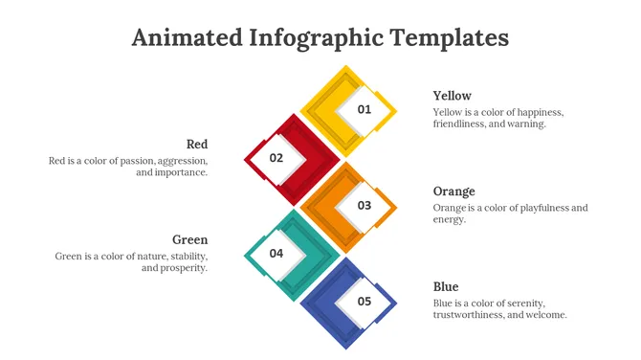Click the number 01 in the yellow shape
coord(364,109)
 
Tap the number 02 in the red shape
coord(276,157)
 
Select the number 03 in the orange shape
coord(364,205)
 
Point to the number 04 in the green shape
coord(276,253)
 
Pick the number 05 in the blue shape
coord(364,301)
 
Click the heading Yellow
coord(452,96)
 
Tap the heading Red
coord(197,144)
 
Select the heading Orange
coord(453,191)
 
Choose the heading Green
coord(189,239)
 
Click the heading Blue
coord(446,287)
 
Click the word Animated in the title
coord(186,38)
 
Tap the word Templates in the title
coord(450,38)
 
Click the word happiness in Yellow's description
coord(537,112)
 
